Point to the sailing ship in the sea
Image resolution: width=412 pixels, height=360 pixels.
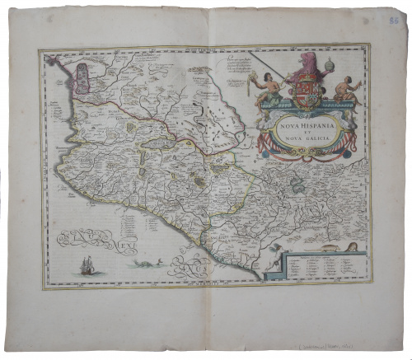[x=87, y=264]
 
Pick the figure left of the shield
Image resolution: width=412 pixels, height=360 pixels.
[x=268, y=88]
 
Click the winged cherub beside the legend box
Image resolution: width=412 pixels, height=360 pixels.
[x=270, y=262]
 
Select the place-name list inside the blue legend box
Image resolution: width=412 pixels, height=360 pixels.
[x=321, y=268]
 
